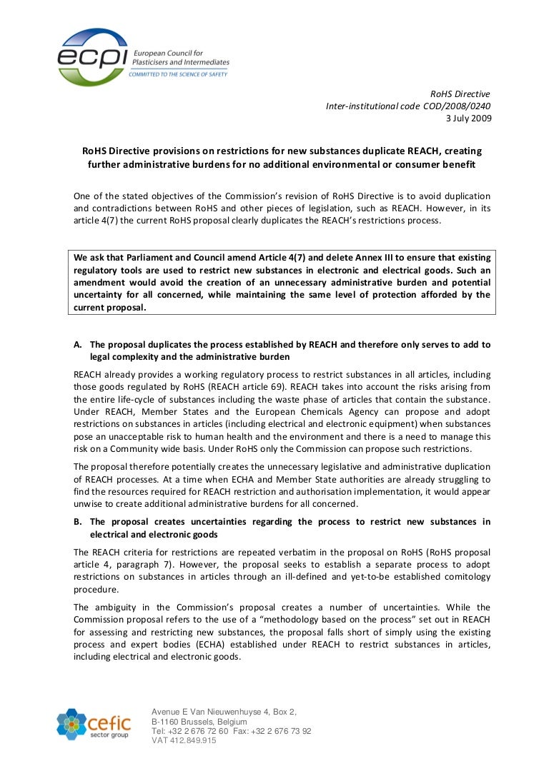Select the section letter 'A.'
(x=79, y=344)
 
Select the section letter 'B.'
(x=79, y=522)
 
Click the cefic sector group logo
(x=93, y=724)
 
